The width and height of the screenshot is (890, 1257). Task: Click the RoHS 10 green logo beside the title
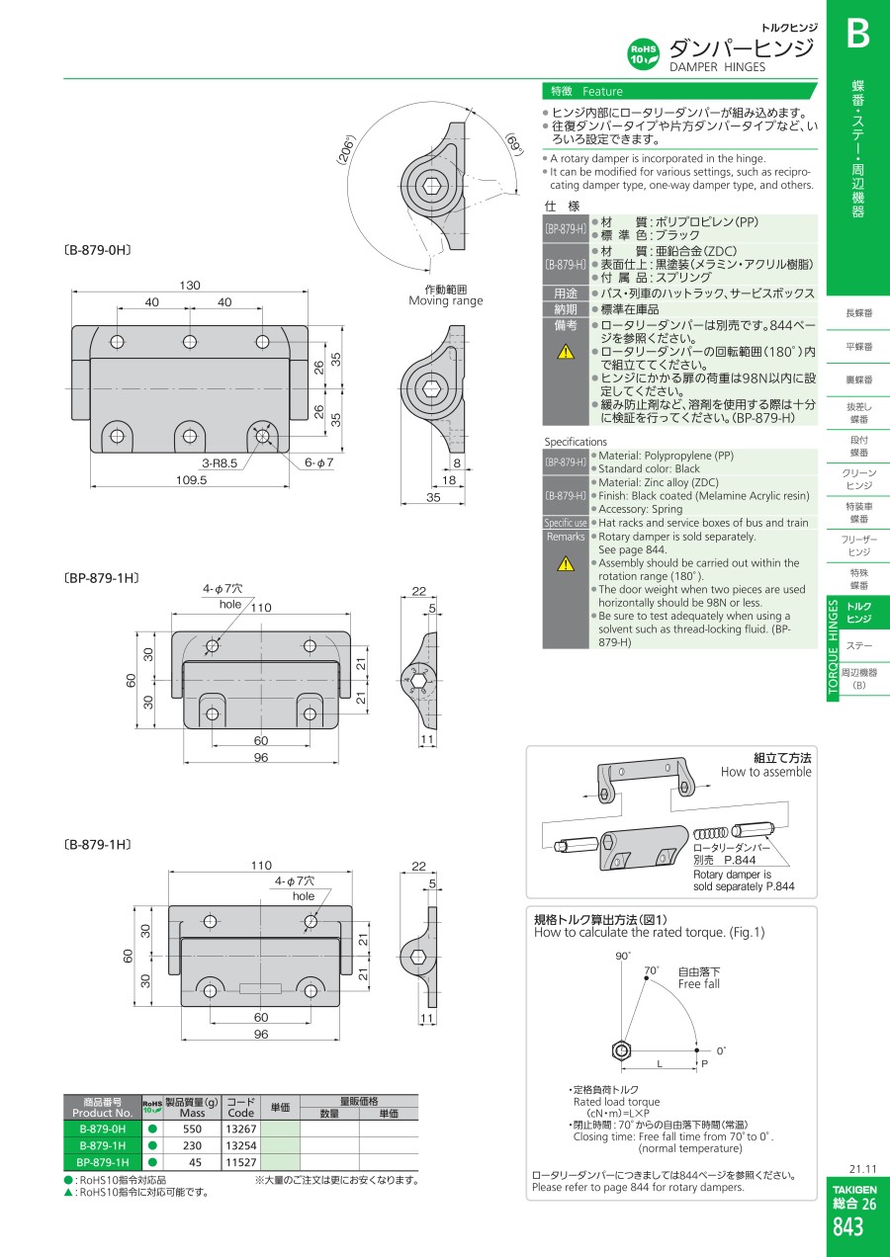[643, 54]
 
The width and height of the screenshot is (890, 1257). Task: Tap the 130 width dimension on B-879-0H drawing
[190, 285]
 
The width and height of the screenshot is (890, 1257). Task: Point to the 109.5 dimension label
[191, 480]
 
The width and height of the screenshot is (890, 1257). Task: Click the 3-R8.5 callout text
[220, 462]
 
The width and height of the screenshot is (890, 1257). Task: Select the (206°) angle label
[346, 150]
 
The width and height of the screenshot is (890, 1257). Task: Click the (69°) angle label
[514, 143]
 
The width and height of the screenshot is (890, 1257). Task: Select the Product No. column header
[102, 1107]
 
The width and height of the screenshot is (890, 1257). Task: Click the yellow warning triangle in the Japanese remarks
[566, 352]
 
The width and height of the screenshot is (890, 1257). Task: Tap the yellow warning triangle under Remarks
[566, 563]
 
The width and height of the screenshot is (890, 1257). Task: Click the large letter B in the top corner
[858, 34]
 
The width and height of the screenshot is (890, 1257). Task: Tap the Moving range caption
[446, 300]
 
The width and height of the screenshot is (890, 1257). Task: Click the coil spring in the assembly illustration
[711, 833]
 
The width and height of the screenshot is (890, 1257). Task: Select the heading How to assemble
[766, 772]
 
